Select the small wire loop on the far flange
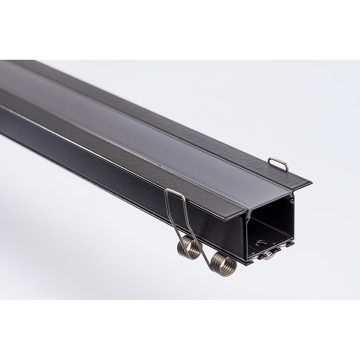point(278,163)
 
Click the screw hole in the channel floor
point(261,242)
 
